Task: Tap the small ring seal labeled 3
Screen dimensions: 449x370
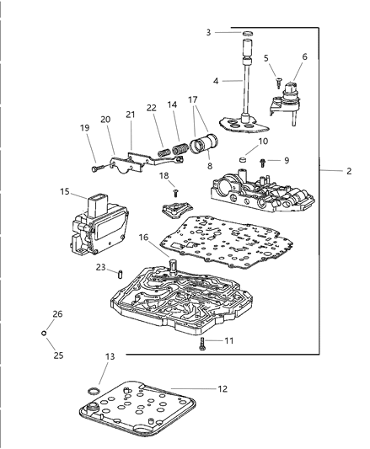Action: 248,35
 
